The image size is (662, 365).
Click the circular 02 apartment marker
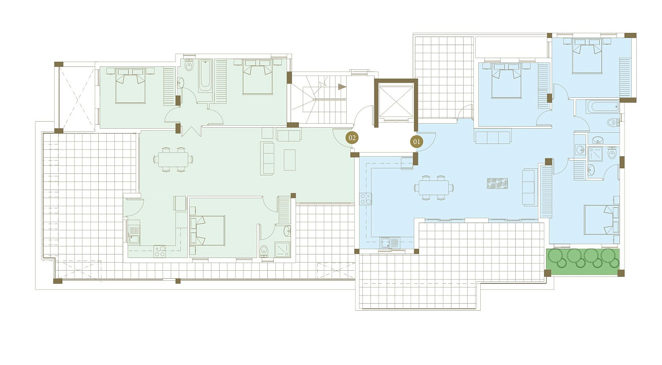point(352,138)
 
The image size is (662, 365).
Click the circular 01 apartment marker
point(417,141)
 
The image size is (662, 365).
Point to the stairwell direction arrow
point(342,87)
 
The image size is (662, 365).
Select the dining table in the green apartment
point(173,160)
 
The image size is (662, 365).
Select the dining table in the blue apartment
point(434,188)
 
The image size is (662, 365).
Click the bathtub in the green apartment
point(205,76)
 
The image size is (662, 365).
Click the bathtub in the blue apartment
point(603,106)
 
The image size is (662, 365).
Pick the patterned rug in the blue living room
point(498,184)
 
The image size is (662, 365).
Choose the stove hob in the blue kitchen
point(365,199)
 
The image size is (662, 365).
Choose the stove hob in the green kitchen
point(159,251)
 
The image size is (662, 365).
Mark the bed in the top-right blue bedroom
point(587,56)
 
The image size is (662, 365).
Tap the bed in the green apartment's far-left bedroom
point(131,86)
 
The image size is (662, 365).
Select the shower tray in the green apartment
point(282,249)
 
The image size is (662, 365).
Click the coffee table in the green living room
point(289,160)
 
